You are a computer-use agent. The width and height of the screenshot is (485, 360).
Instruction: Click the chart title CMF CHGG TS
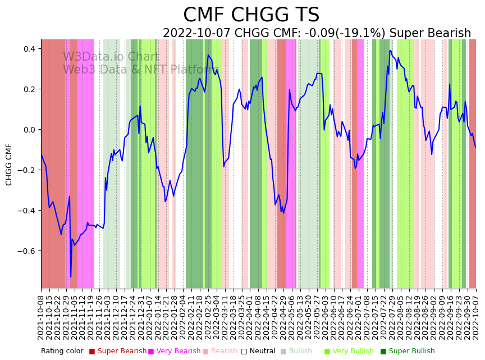pos(251,15)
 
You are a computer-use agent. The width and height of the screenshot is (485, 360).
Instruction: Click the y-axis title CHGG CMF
pos(9,164)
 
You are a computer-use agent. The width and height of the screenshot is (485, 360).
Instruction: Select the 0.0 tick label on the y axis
pos(28,130)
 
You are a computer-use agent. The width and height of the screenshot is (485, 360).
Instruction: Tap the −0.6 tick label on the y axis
pos(26,251)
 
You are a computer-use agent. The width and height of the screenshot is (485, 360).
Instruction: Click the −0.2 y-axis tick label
pos(26,170)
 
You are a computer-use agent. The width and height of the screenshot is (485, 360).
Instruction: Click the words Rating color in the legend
pos(62,351)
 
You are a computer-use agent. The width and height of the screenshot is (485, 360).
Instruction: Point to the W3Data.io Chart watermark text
pos(111,57)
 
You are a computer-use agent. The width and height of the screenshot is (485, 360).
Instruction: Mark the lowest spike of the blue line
pos(71,277)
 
